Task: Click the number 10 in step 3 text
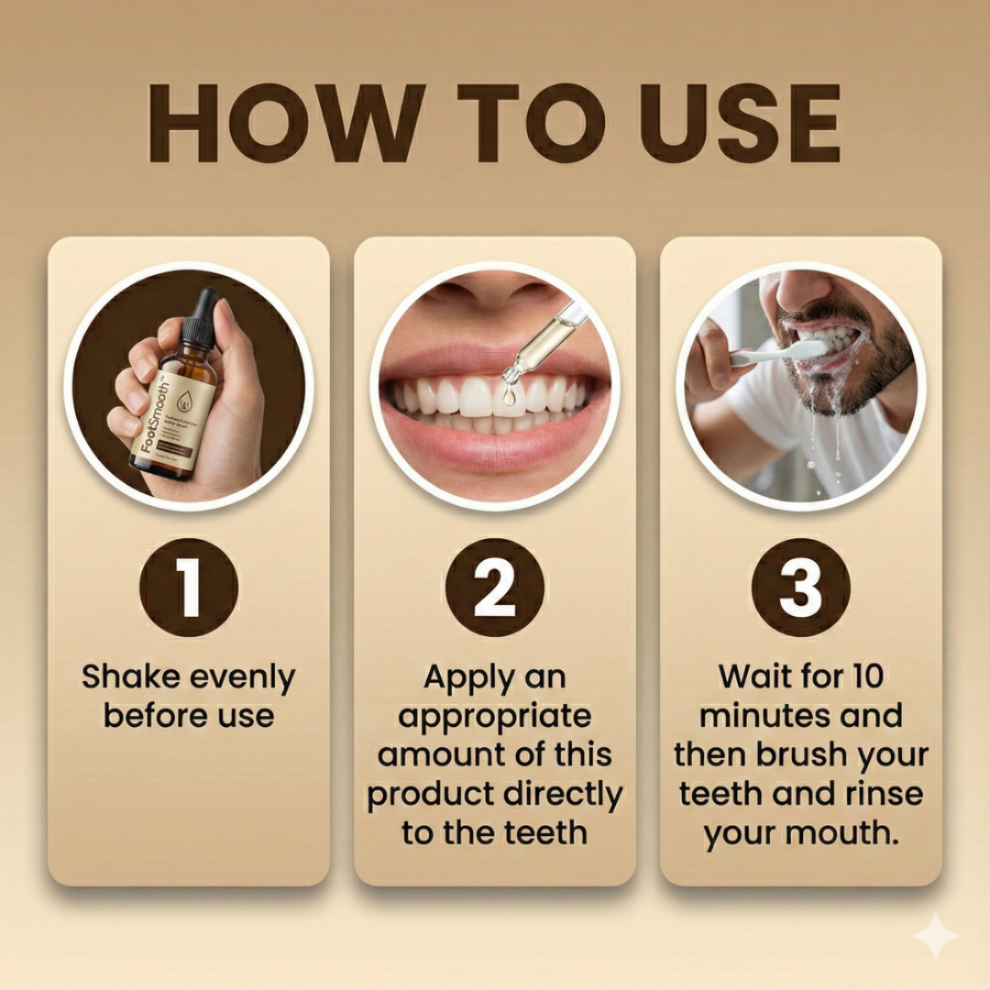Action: pyautogui.click(x=863, y=676)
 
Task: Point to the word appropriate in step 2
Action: pyautogui.click(x=495, y=717)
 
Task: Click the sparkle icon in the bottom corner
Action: pyautogui.click(x=935, y=936)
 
